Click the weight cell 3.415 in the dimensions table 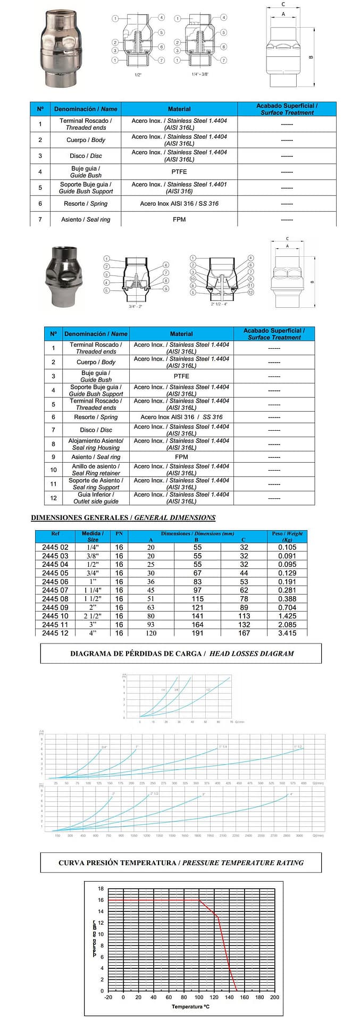click(x=287, y=633)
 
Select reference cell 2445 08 click(x=55, y=599)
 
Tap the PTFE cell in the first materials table click(x=179, y=172)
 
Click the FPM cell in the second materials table click(x=181, y=457)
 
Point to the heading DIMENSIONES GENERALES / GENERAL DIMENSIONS click(x=123, y=517)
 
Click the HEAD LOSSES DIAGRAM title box click(x=181, y=654)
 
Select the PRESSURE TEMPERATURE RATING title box click(x=181, y=863)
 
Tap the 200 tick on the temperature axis click(x=274, y=997)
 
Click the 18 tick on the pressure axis click(x=101, y=889)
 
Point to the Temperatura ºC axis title click(x=190, y=1007)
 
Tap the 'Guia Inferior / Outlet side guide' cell click(x=96, y=498)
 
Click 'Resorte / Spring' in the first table click(x=86, y=204)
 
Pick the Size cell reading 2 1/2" click(x=93, y=616)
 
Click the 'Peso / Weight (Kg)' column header click(x=287, y=536)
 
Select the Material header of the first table click(x=179, y=109)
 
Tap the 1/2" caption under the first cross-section click(x=138, y=75)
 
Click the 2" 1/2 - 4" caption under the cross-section click(x=220, y=304)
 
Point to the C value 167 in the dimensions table click(x=244, y=633)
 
